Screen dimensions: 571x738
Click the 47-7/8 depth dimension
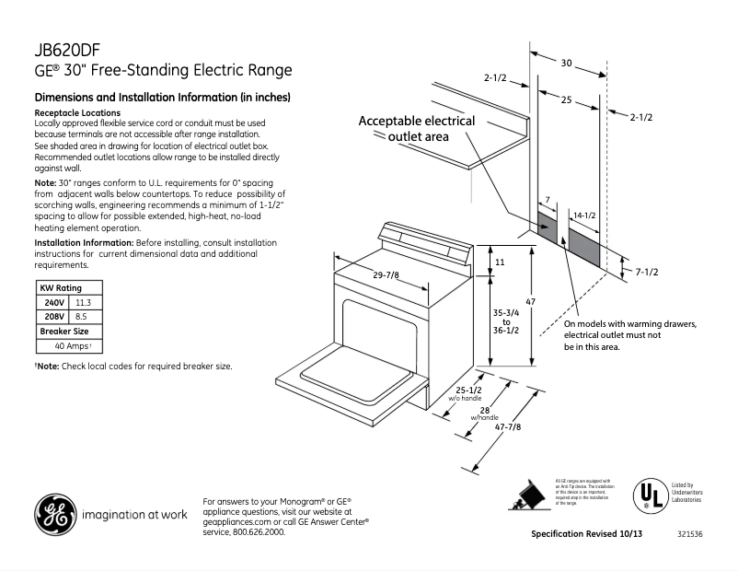(509, 425)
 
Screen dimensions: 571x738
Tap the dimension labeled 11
(500, 262)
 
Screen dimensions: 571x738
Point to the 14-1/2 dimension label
(586, 216)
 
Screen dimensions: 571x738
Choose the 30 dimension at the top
(567, 63)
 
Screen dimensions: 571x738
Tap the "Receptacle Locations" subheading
(76, 111)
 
